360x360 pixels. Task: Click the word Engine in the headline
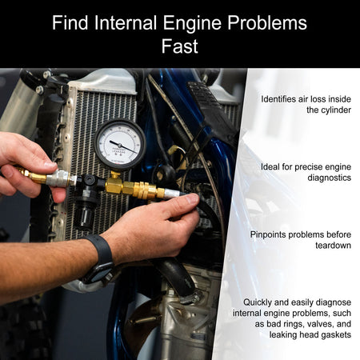coord(192,24)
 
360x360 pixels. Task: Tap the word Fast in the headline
coord(179,46)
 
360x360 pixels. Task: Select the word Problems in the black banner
coord(267,22)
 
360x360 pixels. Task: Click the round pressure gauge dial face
coord(120,144)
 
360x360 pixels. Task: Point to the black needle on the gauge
coord(123,146)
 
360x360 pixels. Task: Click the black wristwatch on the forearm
coord(101,259)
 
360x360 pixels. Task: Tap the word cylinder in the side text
coord(329,110)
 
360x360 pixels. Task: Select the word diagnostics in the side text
coord(329,178)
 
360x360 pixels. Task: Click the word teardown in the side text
coord(333,246)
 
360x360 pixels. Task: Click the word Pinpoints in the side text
coord(268,234)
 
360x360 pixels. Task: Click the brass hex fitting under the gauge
coord(114,185)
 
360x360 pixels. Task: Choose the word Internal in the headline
coord(126,22)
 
